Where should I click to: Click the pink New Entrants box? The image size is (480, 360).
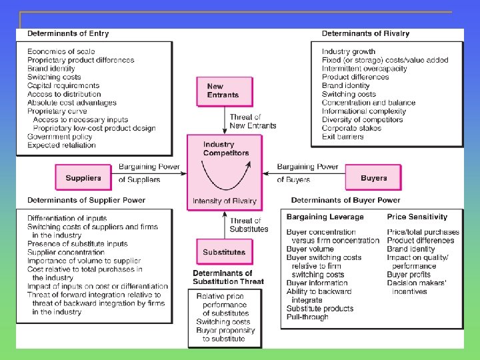click(224, 91)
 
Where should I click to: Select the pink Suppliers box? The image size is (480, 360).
click(83, 178)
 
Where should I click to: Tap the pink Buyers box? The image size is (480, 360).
click(373, 178)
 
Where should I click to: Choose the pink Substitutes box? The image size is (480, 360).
click(224, 253)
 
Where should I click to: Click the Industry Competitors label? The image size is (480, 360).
click(226, 149)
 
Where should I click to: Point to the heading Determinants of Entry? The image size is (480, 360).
click(68, 33)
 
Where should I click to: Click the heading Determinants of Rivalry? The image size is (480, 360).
click(365, 33)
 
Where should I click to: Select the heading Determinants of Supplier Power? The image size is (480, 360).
click(86, 200)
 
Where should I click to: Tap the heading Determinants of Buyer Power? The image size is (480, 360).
click(345, 200)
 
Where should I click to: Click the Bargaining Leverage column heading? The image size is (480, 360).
click(325, 217)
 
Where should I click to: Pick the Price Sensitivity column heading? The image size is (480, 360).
click(417, 217)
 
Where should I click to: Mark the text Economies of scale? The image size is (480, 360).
click(61, 51)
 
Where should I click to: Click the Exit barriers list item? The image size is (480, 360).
click(343, 137)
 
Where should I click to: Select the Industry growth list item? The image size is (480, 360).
click(348, 51)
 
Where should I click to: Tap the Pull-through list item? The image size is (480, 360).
click(307, 317)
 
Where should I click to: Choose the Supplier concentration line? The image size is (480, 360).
click(66, 252)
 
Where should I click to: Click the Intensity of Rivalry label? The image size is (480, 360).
click(224, 201)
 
